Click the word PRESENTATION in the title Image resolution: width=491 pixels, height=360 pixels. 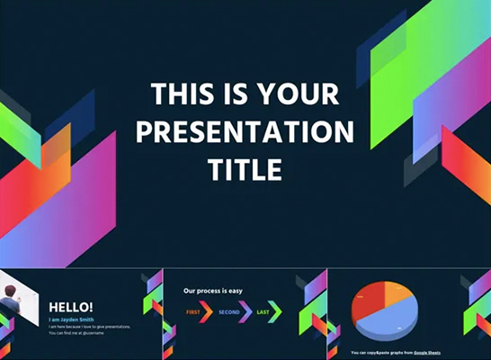pyautogui.click(x=245, y=131)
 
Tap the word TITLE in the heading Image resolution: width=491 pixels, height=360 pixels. pyautogui.click(x=245, y=169)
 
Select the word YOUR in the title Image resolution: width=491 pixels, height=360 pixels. pyautogui.click(x=295, y=94)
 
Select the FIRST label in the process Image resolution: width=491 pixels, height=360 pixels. pyautogui.click(x=192, y=312)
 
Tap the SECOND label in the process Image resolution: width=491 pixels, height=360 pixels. pyautogui.click(x=228, y=312)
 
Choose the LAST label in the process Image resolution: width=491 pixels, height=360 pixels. pyautogui.click(x=263, y=312)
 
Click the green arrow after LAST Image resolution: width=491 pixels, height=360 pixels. pyautogui.click(x=276, y=312)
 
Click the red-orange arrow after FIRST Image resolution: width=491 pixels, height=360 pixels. pyautogui.click(x=206, y=312)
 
